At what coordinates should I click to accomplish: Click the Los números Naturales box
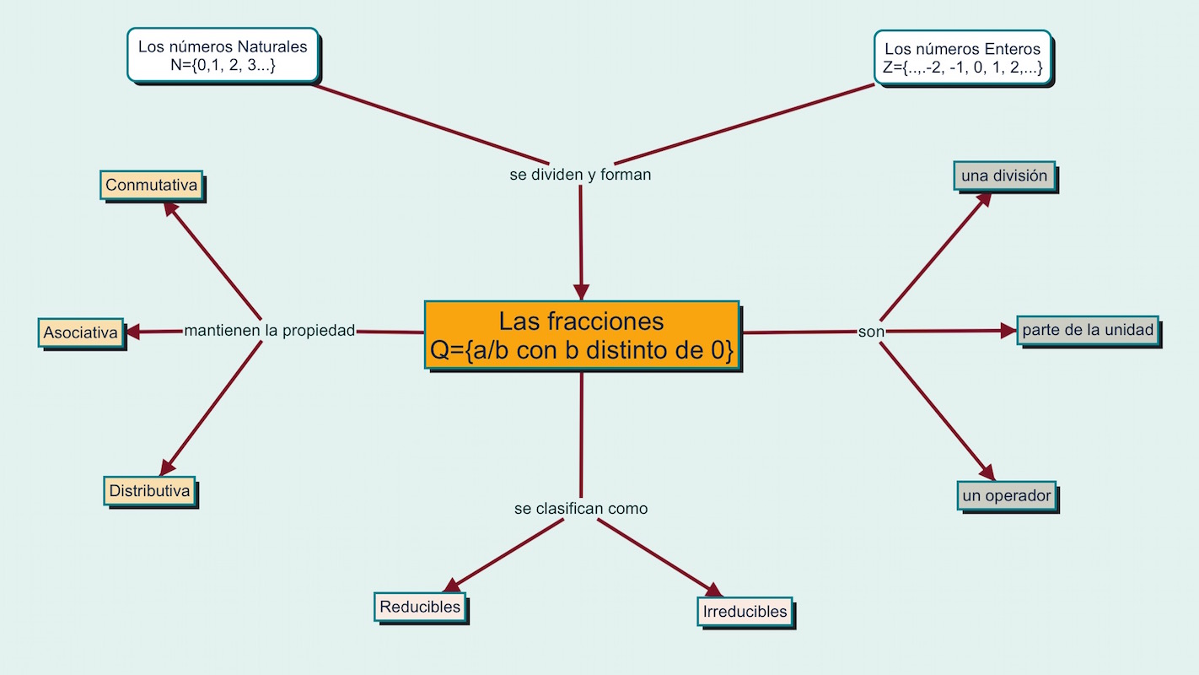(223, 56)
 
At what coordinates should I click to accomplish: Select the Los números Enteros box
(962, 58)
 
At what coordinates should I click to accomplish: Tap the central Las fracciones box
(581, 335)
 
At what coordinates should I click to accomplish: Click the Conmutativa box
(152, 186)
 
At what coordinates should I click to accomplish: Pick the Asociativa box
(81, 332)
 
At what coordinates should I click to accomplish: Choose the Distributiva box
(151, 490)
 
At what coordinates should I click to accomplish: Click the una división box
(1004, 176)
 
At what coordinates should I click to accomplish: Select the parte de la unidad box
(1088, 331)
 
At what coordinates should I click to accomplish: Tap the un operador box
(1007, 495)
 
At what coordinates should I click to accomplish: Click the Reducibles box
(420, 607)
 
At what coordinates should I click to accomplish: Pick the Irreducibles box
(745, 612)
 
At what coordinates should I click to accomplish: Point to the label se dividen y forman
(580, 175)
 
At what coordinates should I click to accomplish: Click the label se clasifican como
(581, 509)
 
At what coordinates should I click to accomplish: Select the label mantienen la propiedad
(270, 331)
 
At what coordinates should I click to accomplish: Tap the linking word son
(871, 332)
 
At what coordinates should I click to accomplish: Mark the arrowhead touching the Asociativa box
(133, 332)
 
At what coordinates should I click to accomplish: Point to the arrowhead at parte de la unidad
(1008, 332)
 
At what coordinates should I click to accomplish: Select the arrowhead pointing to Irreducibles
(714, 591)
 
